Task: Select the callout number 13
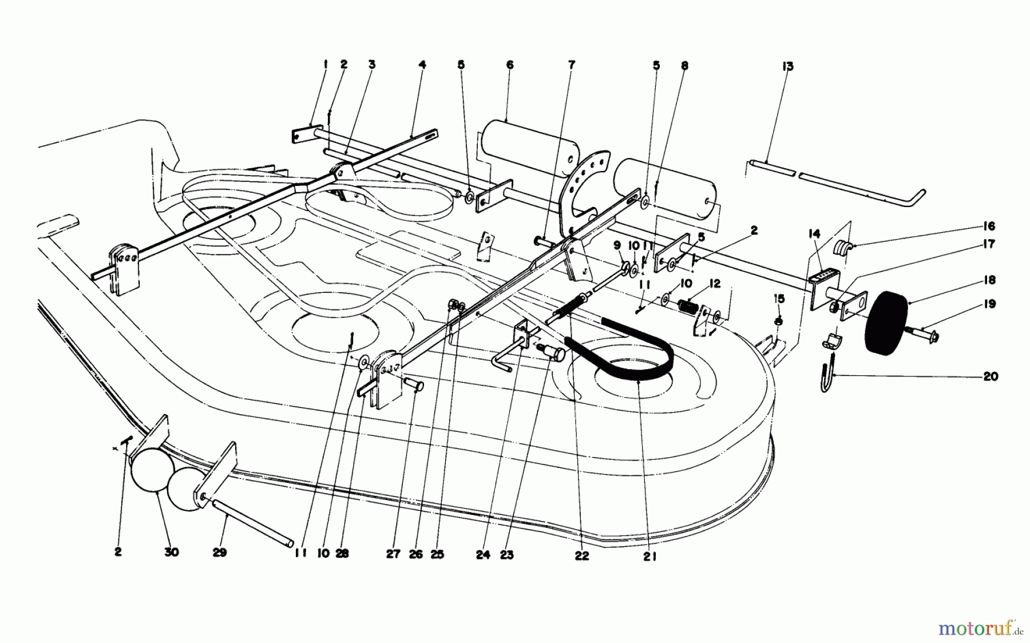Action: point(787,67)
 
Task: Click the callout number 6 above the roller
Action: point(509,65)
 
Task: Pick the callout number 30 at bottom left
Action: point(171,552)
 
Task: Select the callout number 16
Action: point(989,226)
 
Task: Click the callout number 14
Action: point(814,233)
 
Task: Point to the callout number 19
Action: point(990,304)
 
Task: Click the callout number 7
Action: point(571,65)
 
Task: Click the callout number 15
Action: point(779,299)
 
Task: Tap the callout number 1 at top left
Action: point(324,65)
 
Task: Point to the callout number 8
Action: point(684,66)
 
